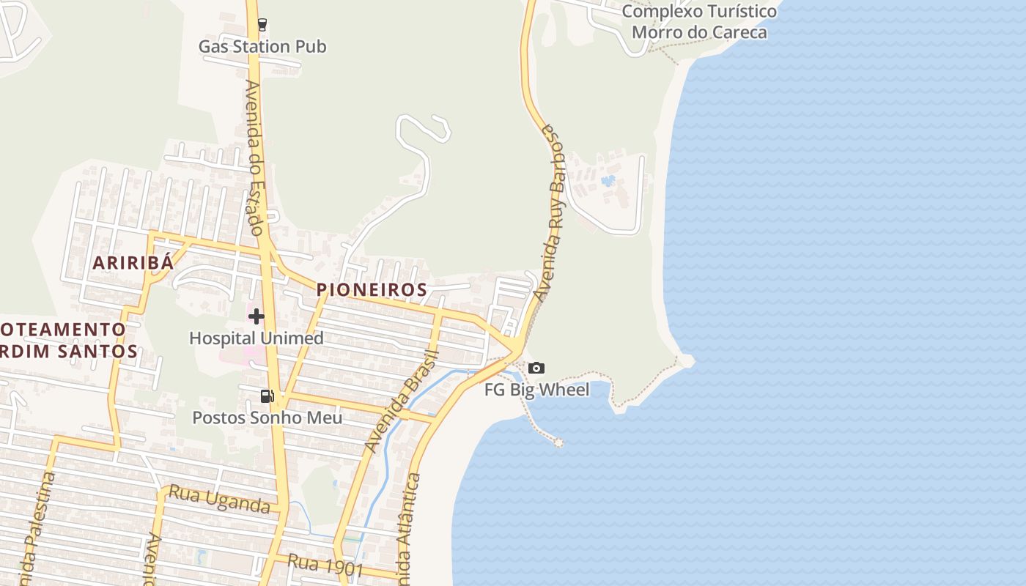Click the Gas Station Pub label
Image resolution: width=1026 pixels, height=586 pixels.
[262, 47]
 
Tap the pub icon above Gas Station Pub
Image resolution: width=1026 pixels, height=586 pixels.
[262, 24]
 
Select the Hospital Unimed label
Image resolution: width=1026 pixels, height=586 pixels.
[256, 338]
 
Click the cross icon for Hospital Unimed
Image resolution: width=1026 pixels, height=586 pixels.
[256, 316]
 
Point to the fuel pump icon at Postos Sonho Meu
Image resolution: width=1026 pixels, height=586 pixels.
[267, 396]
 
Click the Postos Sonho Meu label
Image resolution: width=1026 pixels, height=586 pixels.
[267, 418]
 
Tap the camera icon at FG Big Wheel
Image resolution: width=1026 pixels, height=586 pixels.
[536, 368]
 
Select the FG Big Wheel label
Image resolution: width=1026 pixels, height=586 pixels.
[536, 390]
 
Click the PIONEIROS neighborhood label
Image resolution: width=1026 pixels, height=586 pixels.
[372, 290]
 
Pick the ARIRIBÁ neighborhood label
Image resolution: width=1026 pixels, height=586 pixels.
[133, 263]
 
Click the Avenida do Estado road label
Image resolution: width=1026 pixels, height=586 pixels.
[254, 157]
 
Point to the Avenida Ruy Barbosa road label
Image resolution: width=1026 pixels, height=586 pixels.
[553, 212]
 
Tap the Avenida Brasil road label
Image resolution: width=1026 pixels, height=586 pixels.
[401, 401]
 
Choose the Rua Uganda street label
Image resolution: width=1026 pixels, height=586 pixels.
[219, 499]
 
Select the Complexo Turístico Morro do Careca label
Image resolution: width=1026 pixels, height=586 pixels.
[699, 22]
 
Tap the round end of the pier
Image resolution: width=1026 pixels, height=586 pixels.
[558, 442]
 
